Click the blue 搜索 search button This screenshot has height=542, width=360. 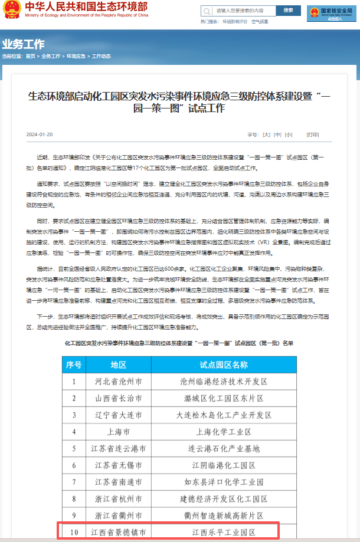pos(288,11)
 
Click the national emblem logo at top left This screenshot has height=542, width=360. pos(11,10)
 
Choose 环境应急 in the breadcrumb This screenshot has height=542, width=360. pos(76,56)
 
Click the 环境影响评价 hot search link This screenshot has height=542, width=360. pos(235,22)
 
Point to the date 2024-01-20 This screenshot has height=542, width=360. pos(40,134)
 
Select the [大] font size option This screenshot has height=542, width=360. pos(267,134)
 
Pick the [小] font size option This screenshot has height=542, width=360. pos(288,134)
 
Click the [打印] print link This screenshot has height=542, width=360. pos(313,134)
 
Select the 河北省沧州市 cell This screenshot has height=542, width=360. pos(119,382)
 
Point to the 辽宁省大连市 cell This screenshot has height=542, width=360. pos(119,415)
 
